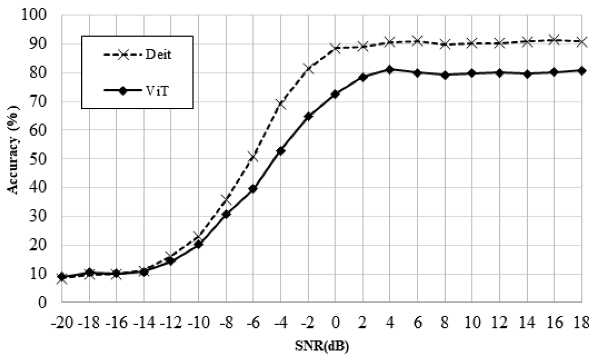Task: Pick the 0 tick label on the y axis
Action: coord(44,302)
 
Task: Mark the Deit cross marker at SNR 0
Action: coord(335,48)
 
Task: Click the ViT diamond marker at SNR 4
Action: coord(390,69)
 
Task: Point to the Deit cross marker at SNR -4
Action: coord(281,104)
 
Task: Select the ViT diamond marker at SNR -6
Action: coord(253,189)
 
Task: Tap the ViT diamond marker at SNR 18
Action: coord(582,70)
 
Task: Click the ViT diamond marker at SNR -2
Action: coord(308,116)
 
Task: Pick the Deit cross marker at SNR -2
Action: coord(308,68)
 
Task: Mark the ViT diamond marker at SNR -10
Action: coord(199,244)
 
